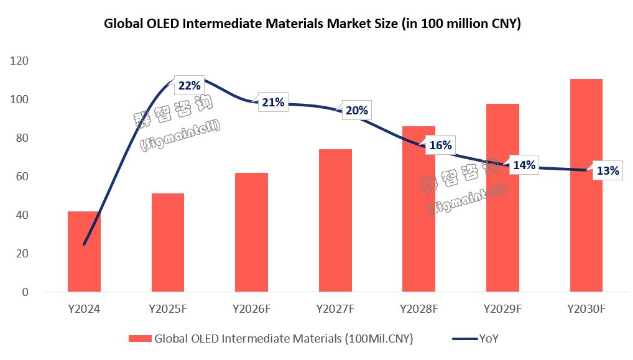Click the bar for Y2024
[x=84, y=252]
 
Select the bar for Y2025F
[x=167, y=242]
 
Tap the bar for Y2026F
[x=251, y=233]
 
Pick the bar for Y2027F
[x=335, y=221]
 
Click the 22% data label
[x=189, y=86]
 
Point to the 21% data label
[x=273, y=103]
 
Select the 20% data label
[x=357, y=111]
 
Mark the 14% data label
[x=524, y=165]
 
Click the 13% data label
[x=608, y=171]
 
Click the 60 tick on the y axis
[x=22, y=177]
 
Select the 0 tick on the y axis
[x=25, y=292]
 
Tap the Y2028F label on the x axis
[x=418, y=309]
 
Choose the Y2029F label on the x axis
[x=502, y=309]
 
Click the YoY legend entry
[x=489, y=339]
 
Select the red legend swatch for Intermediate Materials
[x=140, y=339]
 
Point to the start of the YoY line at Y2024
[x=84, y=244]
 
